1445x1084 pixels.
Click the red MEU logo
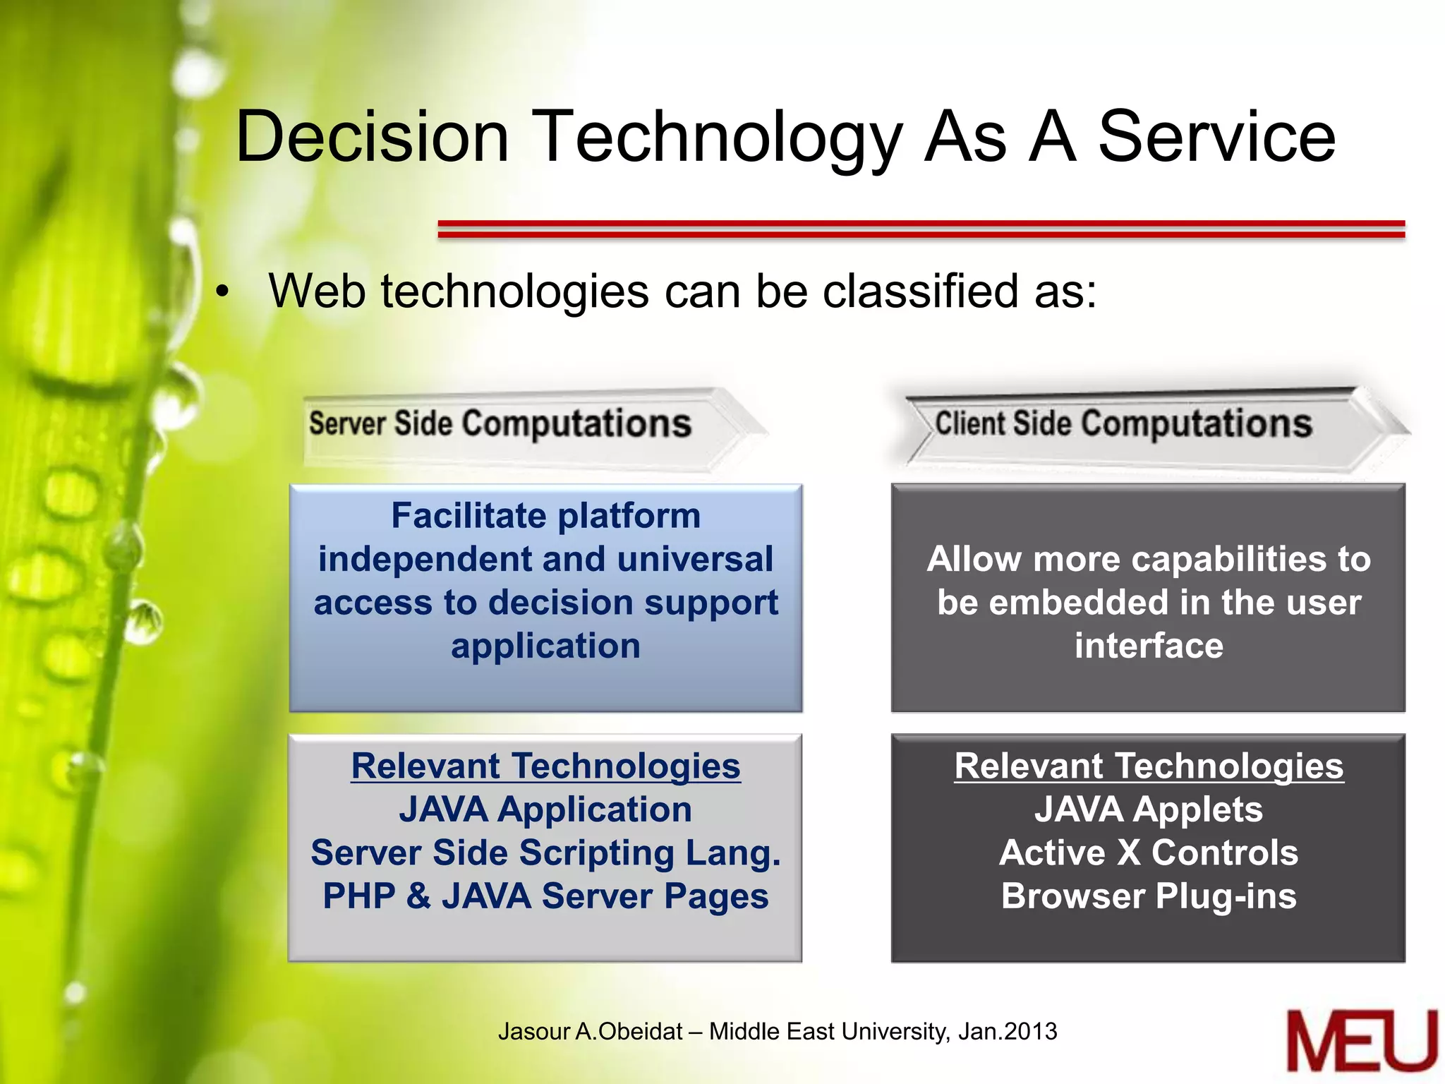point(1361,1042)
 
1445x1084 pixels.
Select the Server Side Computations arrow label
point(500,424)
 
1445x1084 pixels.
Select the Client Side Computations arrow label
point(1123,424)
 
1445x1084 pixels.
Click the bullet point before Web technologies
point(223,292)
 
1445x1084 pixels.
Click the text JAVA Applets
point(1148,809)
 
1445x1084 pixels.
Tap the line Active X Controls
point(1148,853)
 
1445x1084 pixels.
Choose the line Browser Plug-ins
point(1148,896)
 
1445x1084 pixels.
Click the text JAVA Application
point(545,809)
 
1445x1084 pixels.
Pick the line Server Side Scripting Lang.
point(545,853)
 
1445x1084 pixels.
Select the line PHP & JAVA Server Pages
point(545,896)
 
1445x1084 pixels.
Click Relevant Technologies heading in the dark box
point(1148,766)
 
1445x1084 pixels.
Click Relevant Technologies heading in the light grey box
point(545,766)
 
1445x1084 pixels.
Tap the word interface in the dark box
point(1148,646)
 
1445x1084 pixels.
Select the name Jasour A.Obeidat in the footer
point(590,1031)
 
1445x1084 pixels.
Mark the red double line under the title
point(921,229)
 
